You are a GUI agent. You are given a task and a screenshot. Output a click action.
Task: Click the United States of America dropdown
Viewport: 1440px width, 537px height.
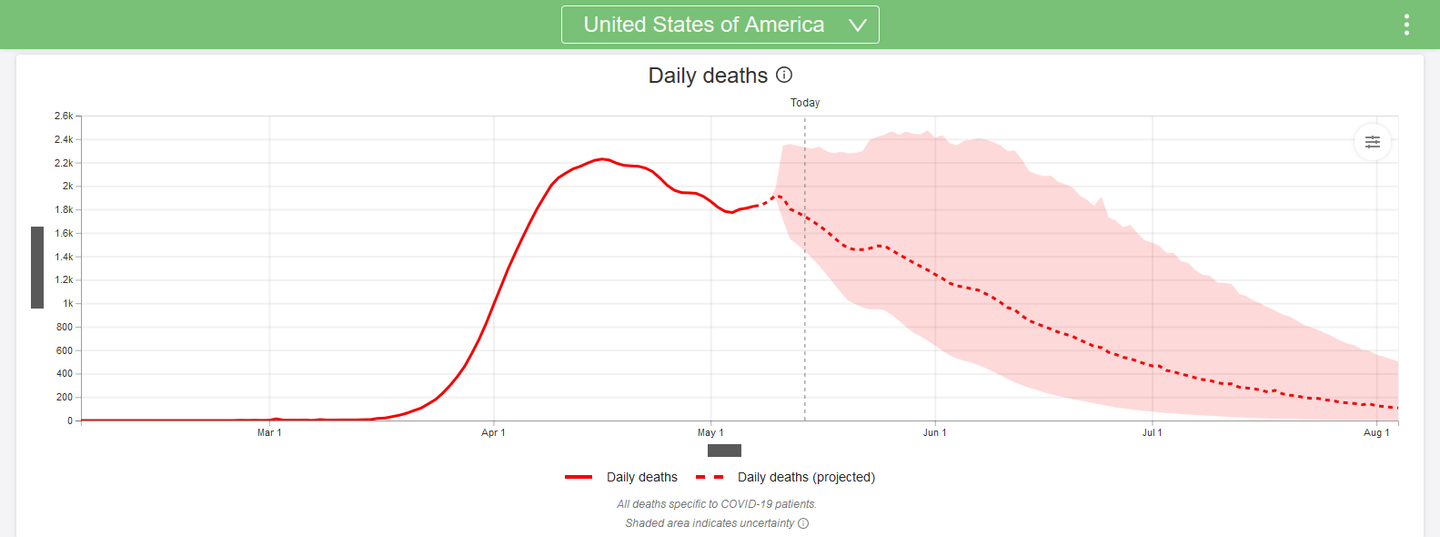(720, 25)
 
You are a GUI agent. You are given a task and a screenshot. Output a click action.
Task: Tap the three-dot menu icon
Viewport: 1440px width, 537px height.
(1406, 25)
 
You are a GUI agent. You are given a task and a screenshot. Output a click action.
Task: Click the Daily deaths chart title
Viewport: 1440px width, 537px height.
(708, 76)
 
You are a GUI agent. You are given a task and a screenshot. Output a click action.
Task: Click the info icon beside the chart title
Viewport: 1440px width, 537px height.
(784, 75)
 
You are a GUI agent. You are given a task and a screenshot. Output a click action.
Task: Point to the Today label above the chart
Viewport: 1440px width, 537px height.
(805, 103)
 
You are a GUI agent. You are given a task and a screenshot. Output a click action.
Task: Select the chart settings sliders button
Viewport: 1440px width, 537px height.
(1372, 142)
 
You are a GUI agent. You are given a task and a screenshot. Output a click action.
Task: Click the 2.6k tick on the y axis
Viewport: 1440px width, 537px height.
(64, 116)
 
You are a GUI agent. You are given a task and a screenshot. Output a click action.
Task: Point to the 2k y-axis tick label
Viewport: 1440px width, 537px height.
(67, 186)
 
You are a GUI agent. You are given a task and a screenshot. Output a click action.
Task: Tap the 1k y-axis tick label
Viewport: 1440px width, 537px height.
(67, 303)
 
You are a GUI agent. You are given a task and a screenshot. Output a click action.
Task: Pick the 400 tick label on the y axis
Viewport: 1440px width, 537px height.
(64, 373)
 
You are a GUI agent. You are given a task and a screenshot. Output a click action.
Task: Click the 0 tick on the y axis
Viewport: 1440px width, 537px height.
(69, 420)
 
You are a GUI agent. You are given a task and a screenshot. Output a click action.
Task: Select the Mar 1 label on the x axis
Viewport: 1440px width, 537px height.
(269, 432)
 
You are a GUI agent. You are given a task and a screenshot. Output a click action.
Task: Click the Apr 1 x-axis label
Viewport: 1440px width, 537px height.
(493, 432)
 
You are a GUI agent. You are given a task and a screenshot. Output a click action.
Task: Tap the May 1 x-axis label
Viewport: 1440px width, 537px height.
(710, 432)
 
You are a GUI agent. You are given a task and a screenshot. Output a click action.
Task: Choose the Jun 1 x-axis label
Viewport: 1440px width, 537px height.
(934, 432)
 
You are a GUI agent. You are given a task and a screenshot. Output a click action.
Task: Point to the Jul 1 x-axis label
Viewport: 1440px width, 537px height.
(1152, 432)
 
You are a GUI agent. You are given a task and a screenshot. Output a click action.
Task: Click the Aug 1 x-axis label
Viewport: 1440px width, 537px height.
(1376, 432)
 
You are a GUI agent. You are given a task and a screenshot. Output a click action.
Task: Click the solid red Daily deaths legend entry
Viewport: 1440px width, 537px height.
(622, 477)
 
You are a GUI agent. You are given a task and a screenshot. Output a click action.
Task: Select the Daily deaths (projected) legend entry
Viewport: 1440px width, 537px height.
(786, 477)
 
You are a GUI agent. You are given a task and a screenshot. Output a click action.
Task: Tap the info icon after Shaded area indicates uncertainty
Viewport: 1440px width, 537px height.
(803, 523)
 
